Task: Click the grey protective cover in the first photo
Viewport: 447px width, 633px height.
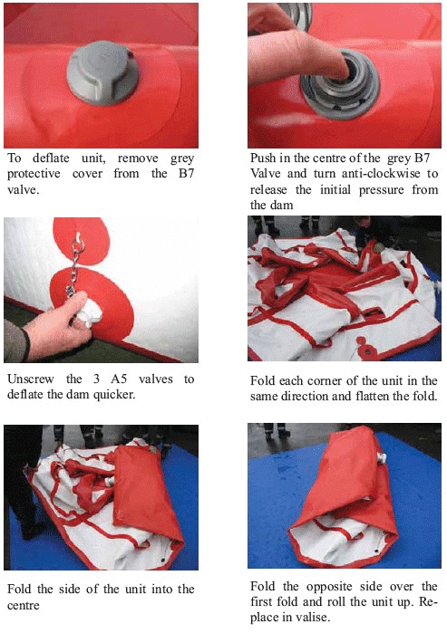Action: (x=102, y=72)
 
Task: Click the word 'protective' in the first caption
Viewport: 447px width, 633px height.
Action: (x=34, y=174)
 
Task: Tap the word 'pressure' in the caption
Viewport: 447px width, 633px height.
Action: (x=381, y=190)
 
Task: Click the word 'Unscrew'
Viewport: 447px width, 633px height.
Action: (x=31, y=379)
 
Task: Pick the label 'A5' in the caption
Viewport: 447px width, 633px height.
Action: (x=119, y=379)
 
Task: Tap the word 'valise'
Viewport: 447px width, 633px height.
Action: (x=312, y=618)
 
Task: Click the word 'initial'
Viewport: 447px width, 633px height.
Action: (x=335, y=190)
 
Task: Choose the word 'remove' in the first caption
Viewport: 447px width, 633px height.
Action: (x=138, y=158)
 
